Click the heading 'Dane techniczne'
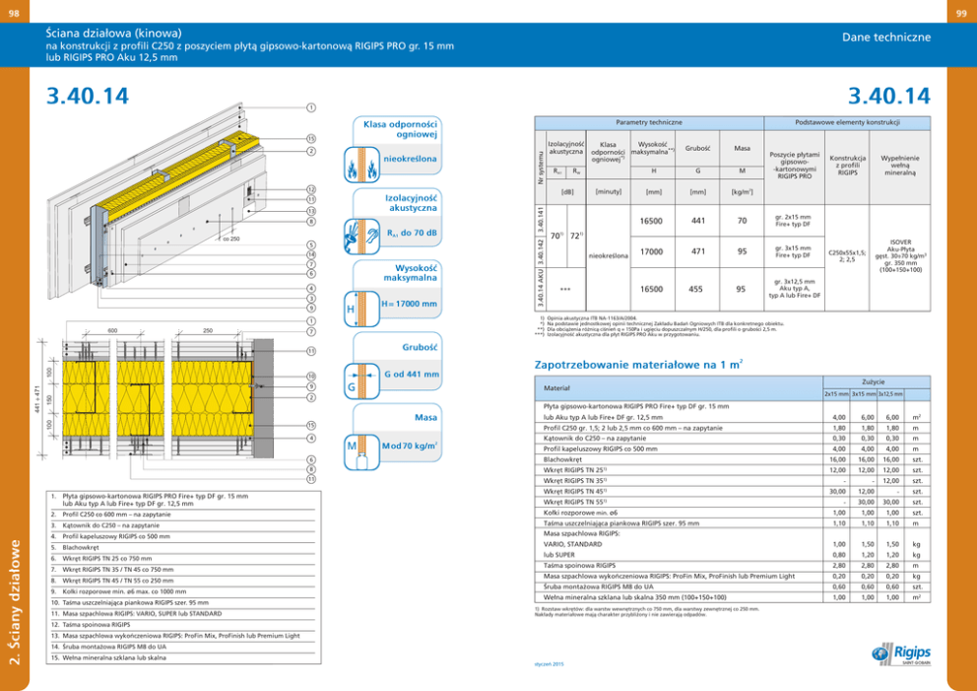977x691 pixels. [x=886, y=36]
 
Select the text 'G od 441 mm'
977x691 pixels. [x=412, y=374]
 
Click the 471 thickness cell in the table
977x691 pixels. [x=698, y=251]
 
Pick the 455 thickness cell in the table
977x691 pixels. [x=698, y=289]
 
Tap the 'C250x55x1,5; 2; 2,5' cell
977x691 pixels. [x=848, y=251]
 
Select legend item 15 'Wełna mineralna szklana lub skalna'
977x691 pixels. [x=109, y=657]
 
